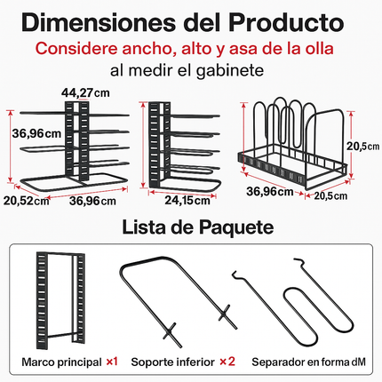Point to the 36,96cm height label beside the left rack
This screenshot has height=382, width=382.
[36, 134]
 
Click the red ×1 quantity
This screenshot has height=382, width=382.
[111, 362]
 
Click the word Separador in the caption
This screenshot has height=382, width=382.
[283, 362]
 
